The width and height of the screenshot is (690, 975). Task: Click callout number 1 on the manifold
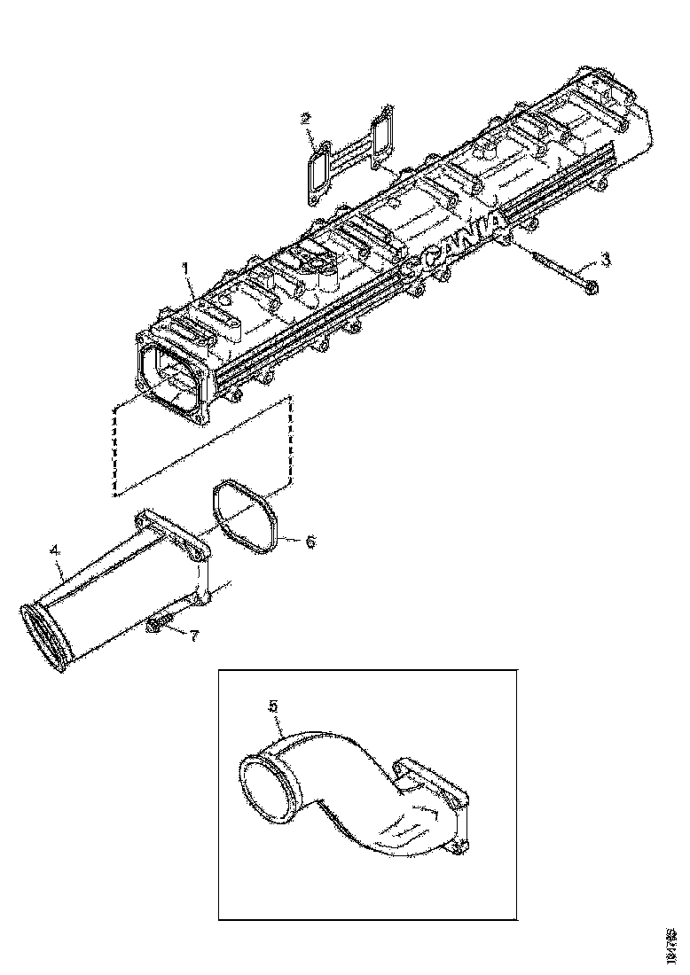(x=186, y=267)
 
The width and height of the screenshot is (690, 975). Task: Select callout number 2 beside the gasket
(x=305, y=118)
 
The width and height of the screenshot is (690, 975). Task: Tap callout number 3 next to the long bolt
(x=605, y=259)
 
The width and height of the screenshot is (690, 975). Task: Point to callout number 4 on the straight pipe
(x=55, y=550)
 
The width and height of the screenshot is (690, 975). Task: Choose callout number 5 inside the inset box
(x=274, y=706)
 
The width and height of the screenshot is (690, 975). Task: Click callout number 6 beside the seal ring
(x=310, y=541)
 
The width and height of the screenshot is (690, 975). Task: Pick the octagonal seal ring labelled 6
(x=246, y=519)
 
